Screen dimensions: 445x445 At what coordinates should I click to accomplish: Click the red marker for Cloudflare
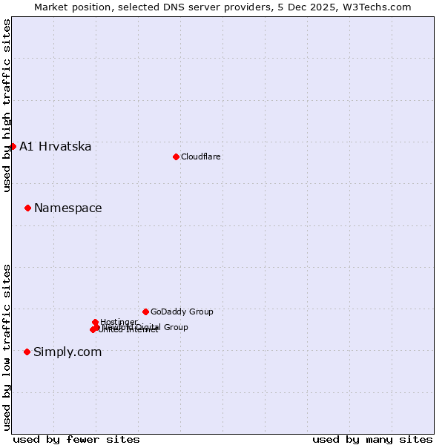176,156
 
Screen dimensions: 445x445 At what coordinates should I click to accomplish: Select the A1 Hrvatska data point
13,146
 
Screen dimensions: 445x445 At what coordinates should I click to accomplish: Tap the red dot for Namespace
27,208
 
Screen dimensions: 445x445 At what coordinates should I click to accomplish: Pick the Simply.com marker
27,352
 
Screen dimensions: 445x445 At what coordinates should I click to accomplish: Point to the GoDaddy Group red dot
145,311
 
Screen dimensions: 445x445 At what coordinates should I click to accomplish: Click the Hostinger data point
96,322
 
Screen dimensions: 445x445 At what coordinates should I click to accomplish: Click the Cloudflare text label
201,157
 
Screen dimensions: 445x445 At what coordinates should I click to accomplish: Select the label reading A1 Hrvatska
56,147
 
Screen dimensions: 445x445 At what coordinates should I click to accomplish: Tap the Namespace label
68,208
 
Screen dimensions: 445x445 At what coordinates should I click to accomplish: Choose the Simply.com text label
67,352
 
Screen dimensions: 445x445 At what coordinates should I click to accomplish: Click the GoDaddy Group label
182,312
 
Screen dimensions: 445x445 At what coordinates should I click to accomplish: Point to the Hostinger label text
119,322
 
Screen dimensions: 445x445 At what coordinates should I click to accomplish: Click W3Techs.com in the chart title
380,7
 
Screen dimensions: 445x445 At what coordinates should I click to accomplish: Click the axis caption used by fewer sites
76,439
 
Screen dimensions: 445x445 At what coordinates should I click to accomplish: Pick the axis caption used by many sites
372,439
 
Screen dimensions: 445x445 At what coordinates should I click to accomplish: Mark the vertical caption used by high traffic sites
7,105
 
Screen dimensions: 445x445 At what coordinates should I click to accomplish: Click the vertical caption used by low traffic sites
7,346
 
